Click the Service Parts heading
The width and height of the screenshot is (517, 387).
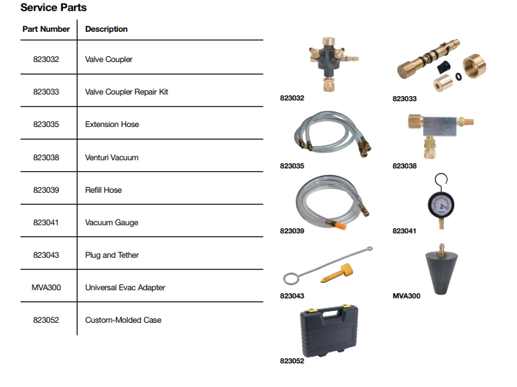tap(53, 8)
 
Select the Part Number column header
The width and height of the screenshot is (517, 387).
tap(46, 30)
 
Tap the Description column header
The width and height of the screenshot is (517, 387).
tap(106, 30)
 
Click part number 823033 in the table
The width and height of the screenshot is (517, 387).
tap(46, 92)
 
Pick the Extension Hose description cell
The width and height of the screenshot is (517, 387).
tap(112, 125)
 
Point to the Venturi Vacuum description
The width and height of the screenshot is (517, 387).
tap(112, 157)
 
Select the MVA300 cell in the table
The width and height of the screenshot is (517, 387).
tap(46, 287)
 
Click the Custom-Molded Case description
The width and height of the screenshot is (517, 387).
tap(123, 320)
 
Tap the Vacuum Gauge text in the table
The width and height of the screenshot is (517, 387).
tap(112, 222)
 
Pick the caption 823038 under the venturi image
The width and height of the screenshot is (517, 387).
tap(404, 166)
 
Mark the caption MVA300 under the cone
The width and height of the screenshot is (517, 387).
tap(406, 296)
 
